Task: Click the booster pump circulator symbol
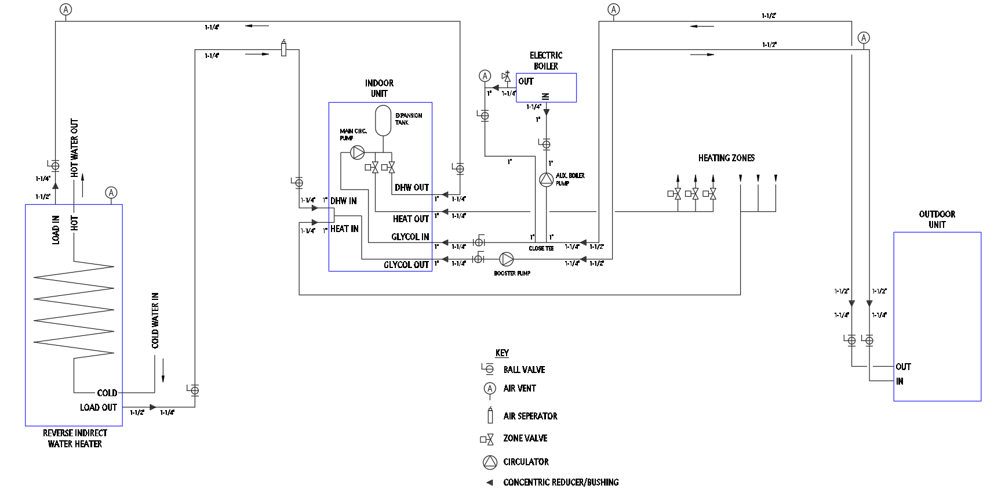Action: pyautogui.click(x=507, y=259)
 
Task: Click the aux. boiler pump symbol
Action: pyautogui.click(x=546, y=180)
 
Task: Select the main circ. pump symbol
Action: pyautogui.click(x=358, y=153)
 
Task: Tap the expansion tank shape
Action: pyautogui.click(x=383, y=121)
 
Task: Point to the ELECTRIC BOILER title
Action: pyautogui.click(x=546, y=61)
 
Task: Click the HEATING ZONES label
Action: pyautogui.click(x=726, y=158)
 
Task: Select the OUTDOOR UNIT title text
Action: pyautogui.click(x=937, y=219)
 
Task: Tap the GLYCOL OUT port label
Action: pyautogui.click(x=406, y=265)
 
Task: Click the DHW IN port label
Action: pyautogui.click(x=344, y=201)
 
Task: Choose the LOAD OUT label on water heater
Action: pyautogui.click(x=99, y=407)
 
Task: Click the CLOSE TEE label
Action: pyautogui.click(x=541, y=248)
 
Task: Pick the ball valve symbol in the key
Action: pyautogui.click(x=488, y=368)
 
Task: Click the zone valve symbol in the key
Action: pyautogui.click(x=487, y=439)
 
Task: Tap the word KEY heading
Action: pyautogui.click(x=502, y=353)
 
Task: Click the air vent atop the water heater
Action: pyautogui.click(x=111, y=193)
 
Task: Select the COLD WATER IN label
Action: pyautogui.click(x=155, y=320)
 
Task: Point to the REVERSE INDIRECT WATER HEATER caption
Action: pyautogui.click(x=75, y=439)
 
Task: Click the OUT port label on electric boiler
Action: pyautogui.click(x=526, y=81)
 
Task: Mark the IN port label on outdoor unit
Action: pyautogui.click(x=900, y=381)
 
